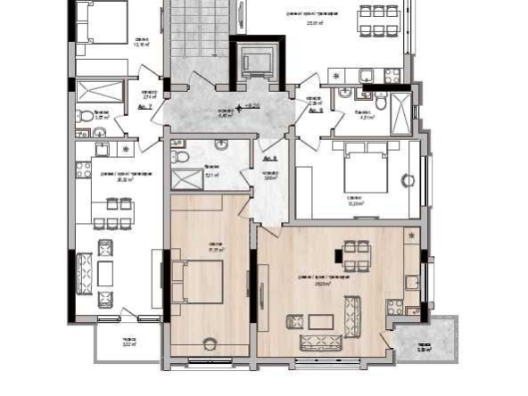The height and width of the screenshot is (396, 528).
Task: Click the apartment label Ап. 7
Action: tap(146, 106)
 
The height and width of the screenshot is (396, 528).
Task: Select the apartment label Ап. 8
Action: tap(315, 111)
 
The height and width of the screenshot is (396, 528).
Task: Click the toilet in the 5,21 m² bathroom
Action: tap(182, 153)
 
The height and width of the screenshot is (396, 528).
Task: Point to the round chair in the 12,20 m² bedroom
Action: tap(408, 181)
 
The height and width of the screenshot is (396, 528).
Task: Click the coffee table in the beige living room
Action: tap(324, 319)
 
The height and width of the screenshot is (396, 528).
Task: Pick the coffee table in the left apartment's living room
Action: tap(104, 269)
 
